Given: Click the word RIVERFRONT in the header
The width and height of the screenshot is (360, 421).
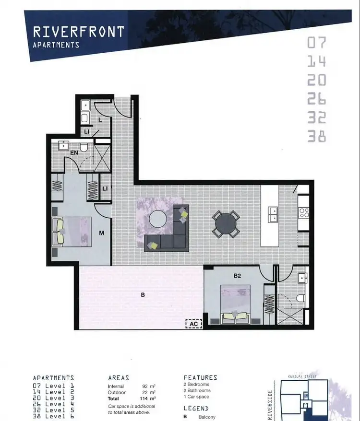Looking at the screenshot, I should tap(78, 32).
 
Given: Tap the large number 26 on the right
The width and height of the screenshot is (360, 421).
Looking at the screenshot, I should tap(316, 98).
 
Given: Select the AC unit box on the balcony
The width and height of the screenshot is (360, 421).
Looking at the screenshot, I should tap(193, 324).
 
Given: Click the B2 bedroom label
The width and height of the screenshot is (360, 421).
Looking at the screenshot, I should tap(237, 276).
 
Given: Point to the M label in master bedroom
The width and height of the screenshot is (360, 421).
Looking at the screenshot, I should tap(102, 233).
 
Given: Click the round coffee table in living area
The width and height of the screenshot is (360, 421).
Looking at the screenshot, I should tap(158, 219).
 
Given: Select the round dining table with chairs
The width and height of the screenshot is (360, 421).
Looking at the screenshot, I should tap(226, 223).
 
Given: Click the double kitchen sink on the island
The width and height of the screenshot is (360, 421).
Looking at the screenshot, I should tap(272, 214).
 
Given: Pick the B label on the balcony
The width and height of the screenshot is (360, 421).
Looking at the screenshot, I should tap(143, 295).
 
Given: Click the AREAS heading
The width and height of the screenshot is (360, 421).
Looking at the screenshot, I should tap(119, 378).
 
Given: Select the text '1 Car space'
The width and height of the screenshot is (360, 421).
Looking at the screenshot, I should tap(197, 397).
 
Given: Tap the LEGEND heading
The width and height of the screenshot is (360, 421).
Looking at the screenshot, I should tap(196, 409).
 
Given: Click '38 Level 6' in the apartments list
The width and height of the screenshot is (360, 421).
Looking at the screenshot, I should tap(53, 416).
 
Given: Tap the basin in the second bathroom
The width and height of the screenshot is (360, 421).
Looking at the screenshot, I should tap(302, 278).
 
